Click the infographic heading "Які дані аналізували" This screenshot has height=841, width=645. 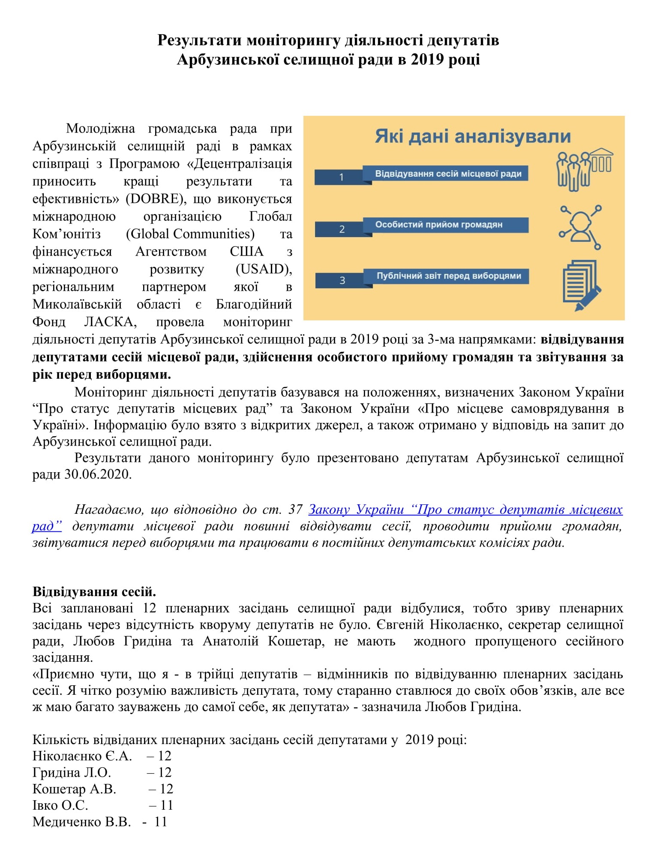(x=473, y=136)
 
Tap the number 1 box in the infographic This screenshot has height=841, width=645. (x=341, y=177)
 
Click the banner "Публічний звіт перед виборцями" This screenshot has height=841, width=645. (x=448, y=276)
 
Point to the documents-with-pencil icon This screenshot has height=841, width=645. (x=581, y=285)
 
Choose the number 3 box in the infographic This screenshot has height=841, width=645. (x=342, y=280)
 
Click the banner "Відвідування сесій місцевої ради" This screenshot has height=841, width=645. (x=448, y=174)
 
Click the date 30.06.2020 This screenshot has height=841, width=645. (x=98, y=474)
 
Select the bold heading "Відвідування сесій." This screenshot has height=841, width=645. (x=94, y=592)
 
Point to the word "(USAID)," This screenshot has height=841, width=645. (x=264, y=269)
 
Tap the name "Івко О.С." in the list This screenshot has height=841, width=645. (x=60, y=805)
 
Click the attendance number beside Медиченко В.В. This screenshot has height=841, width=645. (x=161, y=822)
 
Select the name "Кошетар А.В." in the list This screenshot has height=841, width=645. (x=74, y=789)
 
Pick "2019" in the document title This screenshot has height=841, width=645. (x=427, y=60)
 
